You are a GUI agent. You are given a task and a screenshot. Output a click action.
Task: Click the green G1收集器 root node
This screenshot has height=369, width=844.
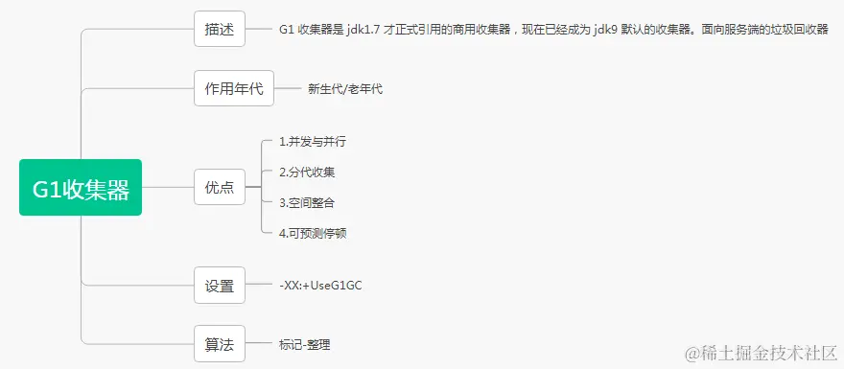point(81,188)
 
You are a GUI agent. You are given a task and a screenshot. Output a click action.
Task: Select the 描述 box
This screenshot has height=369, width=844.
point(219,29)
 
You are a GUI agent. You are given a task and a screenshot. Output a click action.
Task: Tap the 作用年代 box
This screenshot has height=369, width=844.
point(234,89)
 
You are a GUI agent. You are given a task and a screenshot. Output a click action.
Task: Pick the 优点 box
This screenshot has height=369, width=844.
point(219,188)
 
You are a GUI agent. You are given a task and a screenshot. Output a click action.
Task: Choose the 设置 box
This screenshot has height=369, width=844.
point(219,286)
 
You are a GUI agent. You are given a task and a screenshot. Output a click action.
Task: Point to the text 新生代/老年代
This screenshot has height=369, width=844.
point(345,89)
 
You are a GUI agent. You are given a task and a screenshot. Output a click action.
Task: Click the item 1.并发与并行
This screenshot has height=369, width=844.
point(312,142)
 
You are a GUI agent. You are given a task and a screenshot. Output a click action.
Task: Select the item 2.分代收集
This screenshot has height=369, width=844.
point(307,173)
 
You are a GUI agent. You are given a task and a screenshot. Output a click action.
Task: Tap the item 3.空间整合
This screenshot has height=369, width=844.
point(307,202)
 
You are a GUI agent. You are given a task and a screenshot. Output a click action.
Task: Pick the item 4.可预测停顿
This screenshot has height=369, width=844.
point(313,233)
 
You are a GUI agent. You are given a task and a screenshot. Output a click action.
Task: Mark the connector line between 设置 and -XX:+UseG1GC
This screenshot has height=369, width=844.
point(260,286)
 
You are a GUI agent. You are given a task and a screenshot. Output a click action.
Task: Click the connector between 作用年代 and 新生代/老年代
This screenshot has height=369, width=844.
point(288,89)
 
